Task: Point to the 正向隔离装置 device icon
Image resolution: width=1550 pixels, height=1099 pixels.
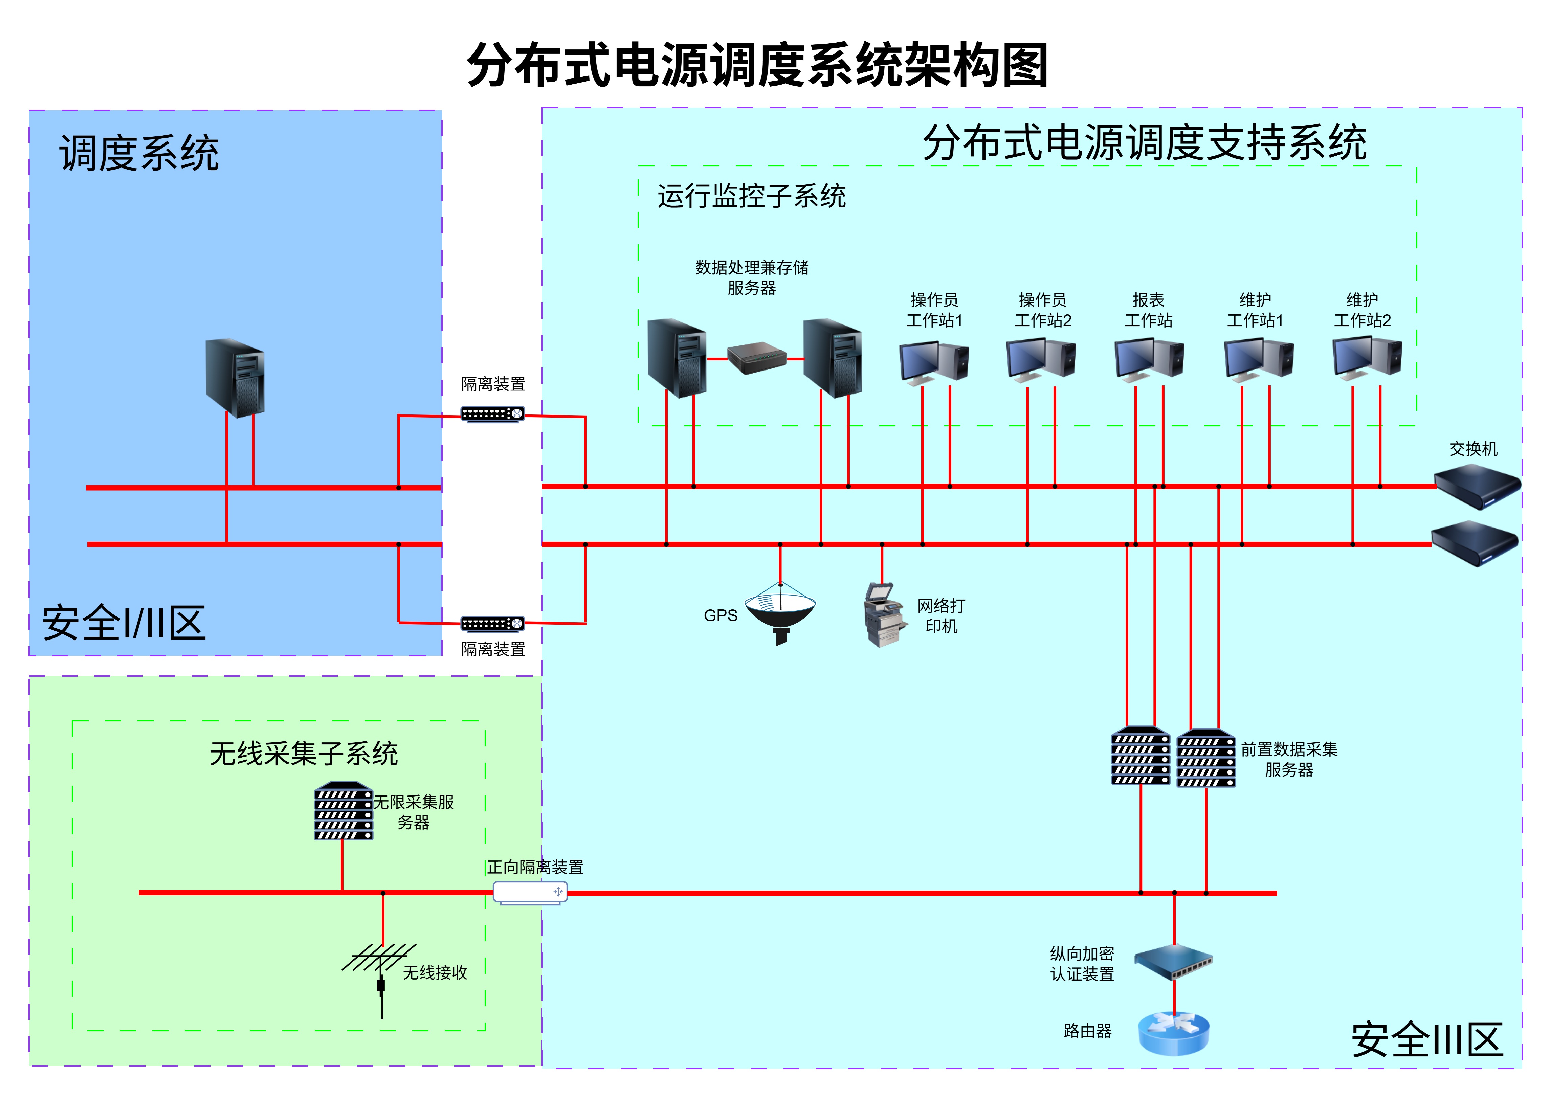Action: (530, 893)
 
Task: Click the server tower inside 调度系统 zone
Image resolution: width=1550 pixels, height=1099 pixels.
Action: (235, 378)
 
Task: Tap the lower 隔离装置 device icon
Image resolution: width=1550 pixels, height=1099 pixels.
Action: (492, 623)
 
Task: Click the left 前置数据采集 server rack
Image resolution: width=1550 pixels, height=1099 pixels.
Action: (1141, 757)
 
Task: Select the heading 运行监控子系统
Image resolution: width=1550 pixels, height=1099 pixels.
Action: (751, 196)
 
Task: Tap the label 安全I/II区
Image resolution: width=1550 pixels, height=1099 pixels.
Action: (124, 623)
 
